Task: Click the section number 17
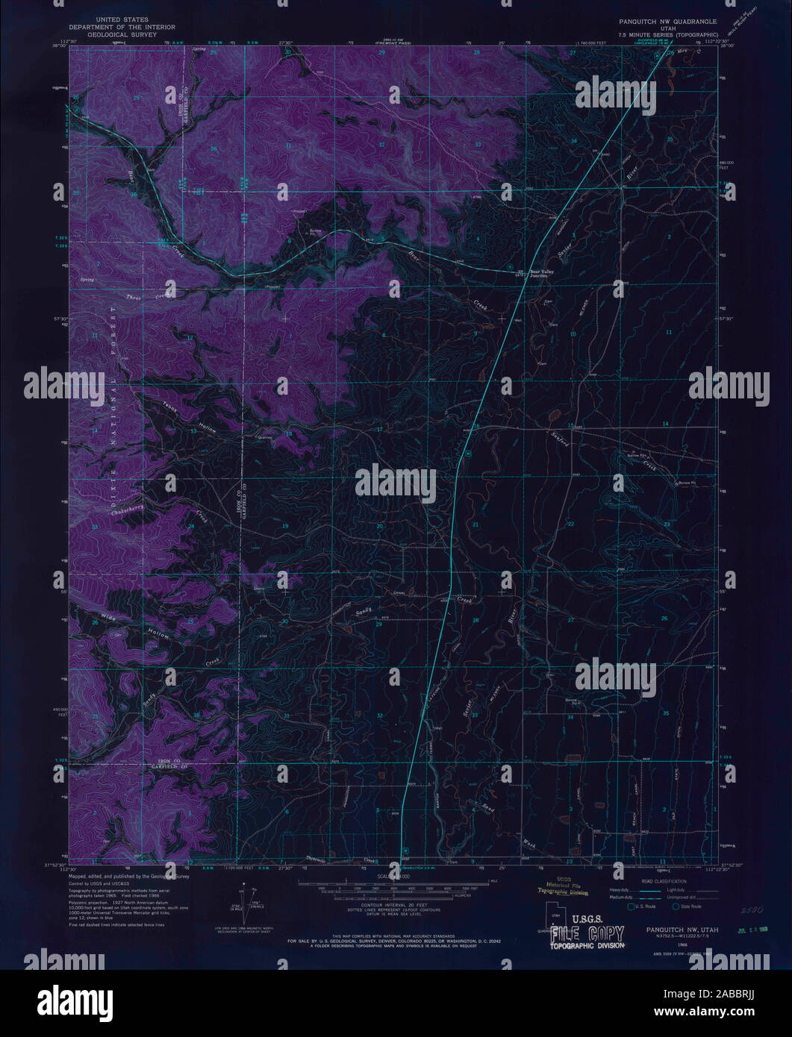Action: [379, 430]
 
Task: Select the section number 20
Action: [379, 527]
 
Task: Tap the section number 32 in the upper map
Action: [381, 144]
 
